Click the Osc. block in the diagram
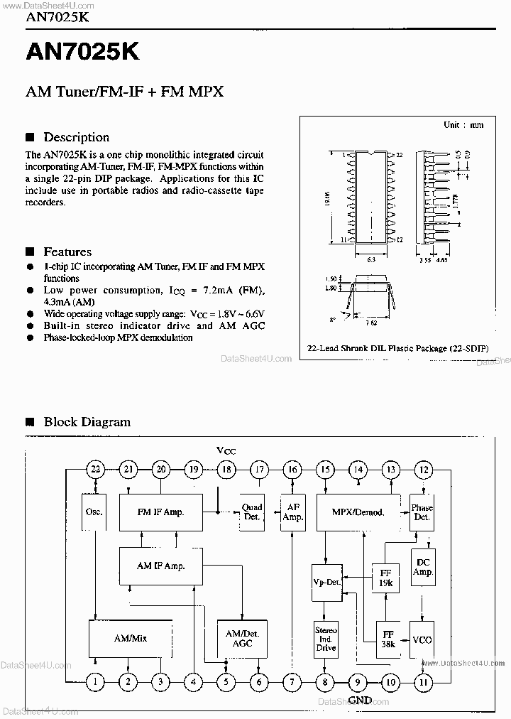94,512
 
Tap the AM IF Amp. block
160,566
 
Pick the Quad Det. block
251,512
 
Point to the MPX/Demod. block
358,512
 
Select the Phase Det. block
422,512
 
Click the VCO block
422,639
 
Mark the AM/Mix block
130,638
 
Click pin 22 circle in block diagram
95,468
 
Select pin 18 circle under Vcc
226,468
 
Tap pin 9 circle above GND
358,682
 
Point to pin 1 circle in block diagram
95,682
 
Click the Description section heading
76,137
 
